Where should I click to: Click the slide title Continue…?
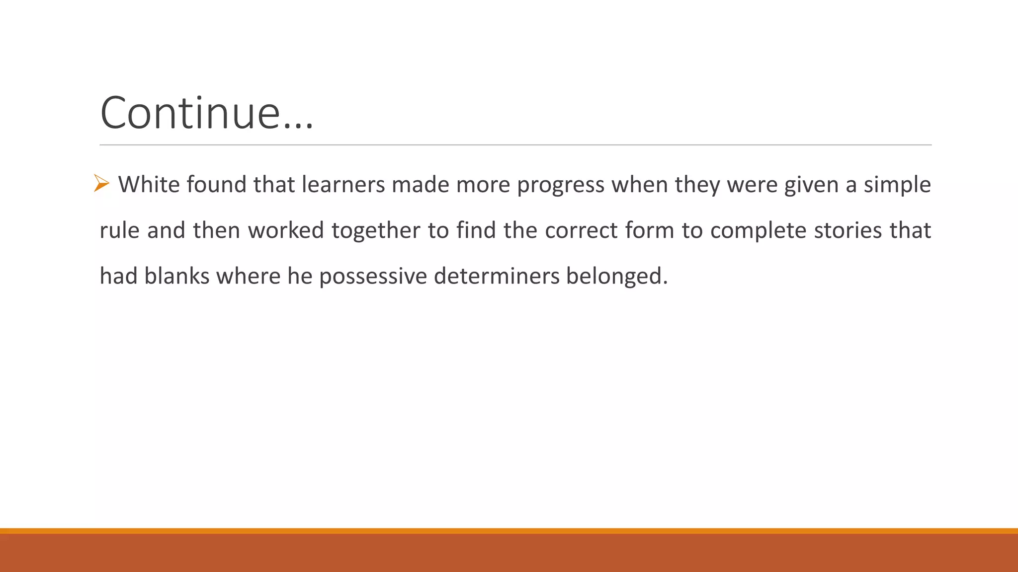pos(207,113)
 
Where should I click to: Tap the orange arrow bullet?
pos(101,183)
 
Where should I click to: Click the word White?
pos(149,185)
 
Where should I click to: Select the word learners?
pos(343,185)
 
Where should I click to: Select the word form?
pos(649,230)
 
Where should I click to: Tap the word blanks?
pos(177,276)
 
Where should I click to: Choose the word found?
pos(217,185)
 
